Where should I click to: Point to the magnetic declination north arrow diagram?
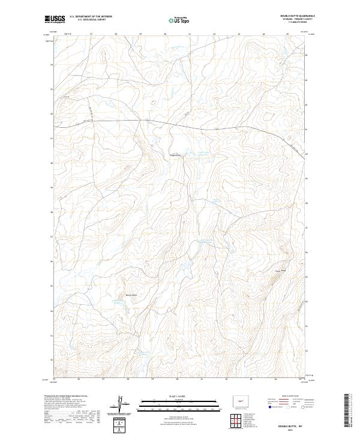click(x=120, y=403)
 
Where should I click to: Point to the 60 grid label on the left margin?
click(x=52, y=163)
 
